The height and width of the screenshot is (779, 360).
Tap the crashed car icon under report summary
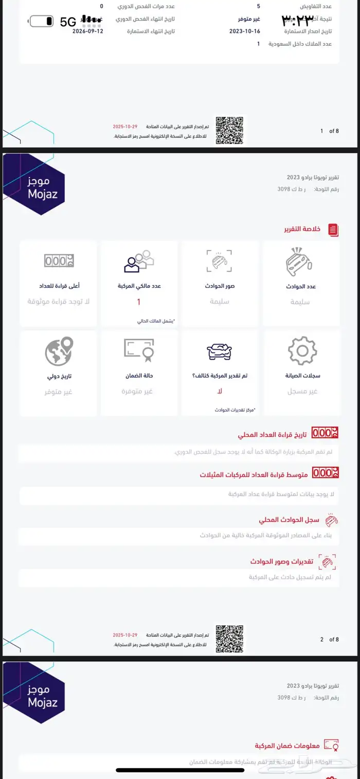[x=299, y=261]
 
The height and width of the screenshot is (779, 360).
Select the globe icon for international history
[x=59, y=351]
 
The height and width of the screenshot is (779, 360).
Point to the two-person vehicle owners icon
[x=139, y=261]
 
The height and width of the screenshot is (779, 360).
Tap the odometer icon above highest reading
[x=59, y=261]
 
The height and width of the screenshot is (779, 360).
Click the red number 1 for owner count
[x=139, y=302]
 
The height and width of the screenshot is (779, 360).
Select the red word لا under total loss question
[x=220, y=392]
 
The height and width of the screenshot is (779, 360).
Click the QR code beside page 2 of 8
[x=229, y=639]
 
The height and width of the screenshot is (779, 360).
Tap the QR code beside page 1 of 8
[x=229, y=131]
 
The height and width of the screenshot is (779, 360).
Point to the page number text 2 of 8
[x=329, y=640]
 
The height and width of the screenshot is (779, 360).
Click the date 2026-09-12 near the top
[x=88, y=31]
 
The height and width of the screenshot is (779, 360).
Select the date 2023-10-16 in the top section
[x=244, y=31]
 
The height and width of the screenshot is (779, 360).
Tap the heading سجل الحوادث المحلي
[x=289, y=520]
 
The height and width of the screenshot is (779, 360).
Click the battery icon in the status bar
[x=42, y=21]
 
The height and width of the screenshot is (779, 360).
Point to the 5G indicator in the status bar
[x=68, y=22]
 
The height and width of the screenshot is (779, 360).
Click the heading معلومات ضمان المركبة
[x=287, y=746]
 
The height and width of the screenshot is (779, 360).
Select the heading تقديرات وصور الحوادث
[x=282, y=561]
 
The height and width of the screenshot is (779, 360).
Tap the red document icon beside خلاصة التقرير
[x=333, y=229]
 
